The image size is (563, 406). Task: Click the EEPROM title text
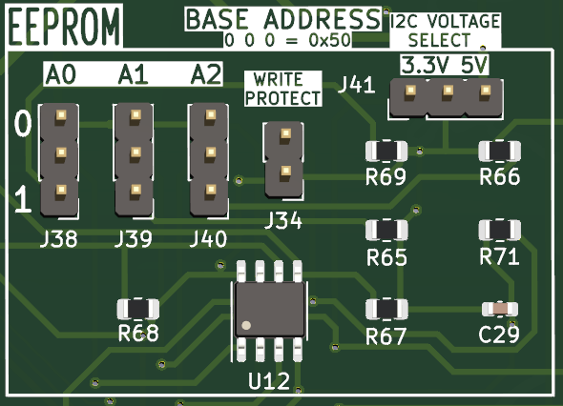pos(64,26)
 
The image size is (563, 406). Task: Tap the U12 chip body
pos(270,310)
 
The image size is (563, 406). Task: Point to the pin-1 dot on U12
pos(246,325)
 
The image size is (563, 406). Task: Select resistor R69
pos(386,151)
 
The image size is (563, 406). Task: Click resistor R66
pos(500,151)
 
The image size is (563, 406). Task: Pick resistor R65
pos(386,230)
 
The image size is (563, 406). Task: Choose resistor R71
pos(500,230)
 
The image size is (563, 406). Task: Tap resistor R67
pos(386,309)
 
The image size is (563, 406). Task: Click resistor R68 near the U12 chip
pos(138,309)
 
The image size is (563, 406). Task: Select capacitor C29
pos(500,309)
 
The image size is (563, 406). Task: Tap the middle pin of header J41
pos(448,90)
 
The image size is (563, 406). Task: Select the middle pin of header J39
pos(136,152)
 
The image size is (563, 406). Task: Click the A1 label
pos(134,74)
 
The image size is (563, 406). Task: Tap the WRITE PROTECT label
pos(283,89)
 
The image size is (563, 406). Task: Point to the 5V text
pos(474,66)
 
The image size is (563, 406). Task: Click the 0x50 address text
pos(329,40)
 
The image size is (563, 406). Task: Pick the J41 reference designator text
pos(357,86)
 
